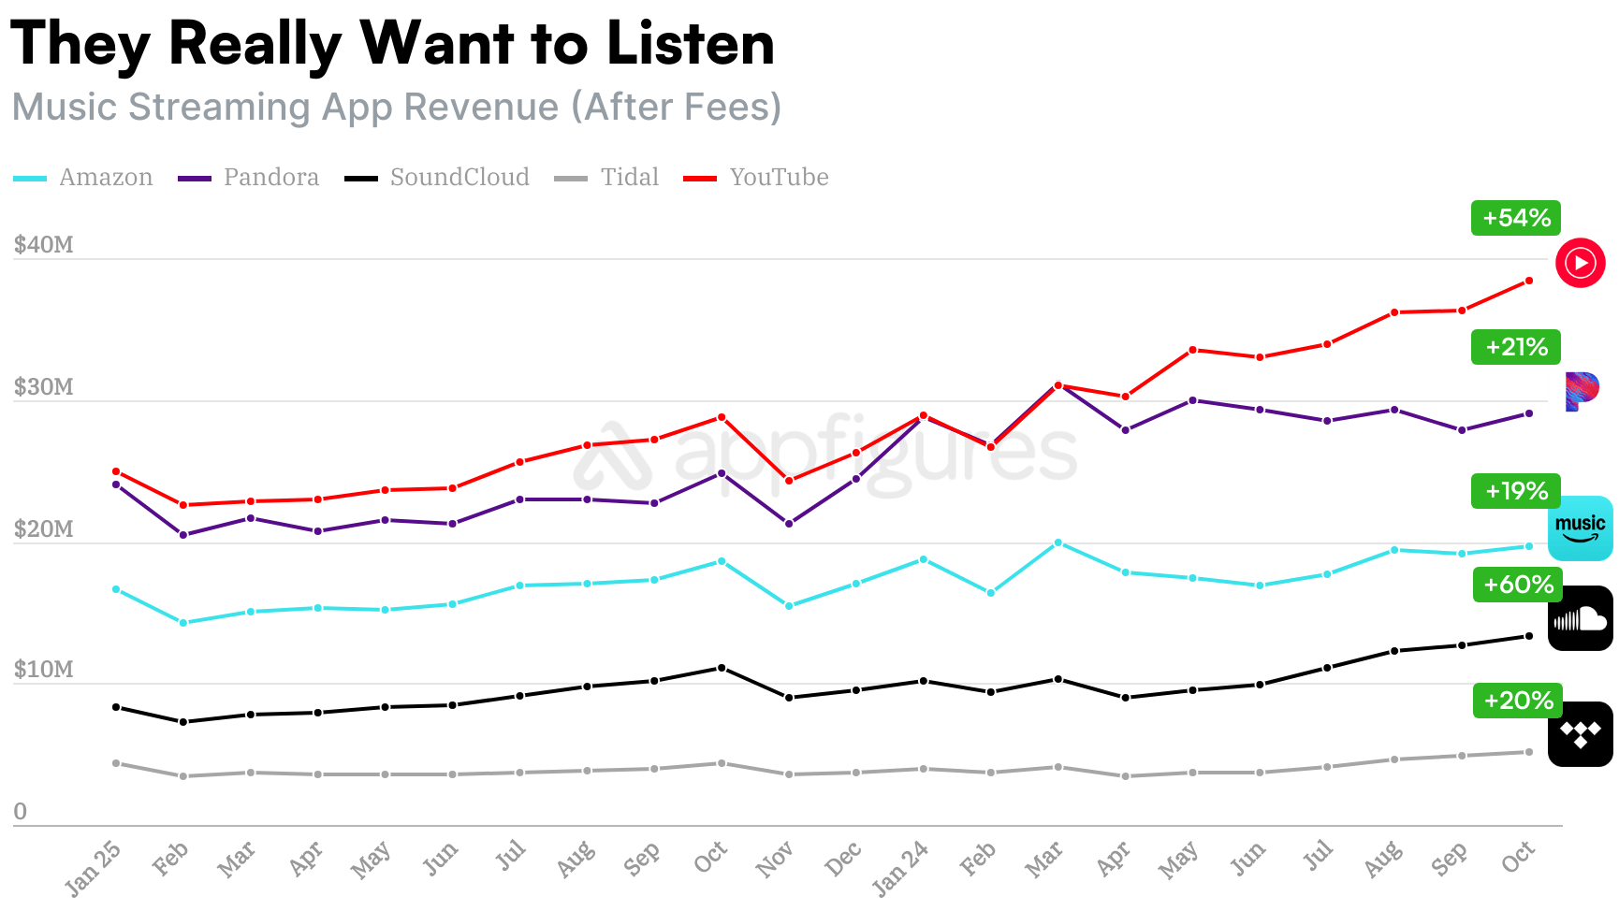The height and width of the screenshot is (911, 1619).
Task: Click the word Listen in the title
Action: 690,44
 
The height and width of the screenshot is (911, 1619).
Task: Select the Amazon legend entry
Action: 105,178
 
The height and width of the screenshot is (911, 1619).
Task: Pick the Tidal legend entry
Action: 629,178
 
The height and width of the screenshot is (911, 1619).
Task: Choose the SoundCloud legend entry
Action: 459,178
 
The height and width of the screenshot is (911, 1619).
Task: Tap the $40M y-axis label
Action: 43,245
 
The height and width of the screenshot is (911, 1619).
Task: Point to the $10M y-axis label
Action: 43,670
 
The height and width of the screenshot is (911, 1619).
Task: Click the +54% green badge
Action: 1516,218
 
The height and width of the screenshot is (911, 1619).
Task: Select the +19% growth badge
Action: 1516,491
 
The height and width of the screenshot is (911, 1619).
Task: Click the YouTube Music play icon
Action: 1581,263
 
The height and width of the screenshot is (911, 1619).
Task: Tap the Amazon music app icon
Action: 1581,528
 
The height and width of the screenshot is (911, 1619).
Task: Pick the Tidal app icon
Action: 1581,734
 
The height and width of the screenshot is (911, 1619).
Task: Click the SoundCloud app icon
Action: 1581,618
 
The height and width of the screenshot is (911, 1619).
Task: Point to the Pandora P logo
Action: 1582,391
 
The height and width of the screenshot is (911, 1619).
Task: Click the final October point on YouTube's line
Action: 1529,281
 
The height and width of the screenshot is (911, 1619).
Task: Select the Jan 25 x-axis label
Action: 93,867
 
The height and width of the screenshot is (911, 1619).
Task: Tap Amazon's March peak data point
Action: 1057,542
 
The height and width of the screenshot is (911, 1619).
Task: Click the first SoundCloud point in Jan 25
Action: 116,707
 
